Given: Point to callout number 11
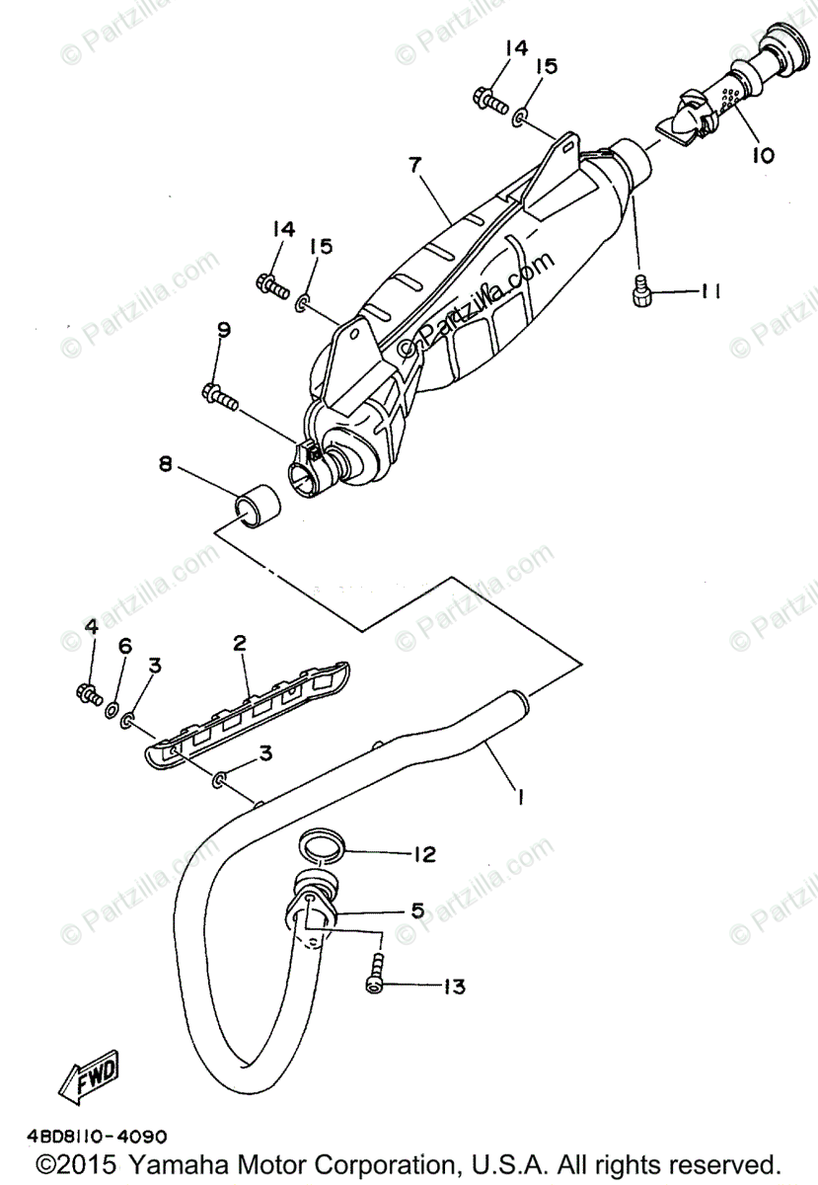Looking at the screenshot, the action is pyautogui.click(x=711, y=290).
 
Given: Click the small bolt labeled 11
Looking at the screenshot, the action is pyautogui.click(x=638, y=289).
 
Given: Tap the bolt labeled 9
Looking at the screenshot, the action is pyautogui.click(x=221, y=397).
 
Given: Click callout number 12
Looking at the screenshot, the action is pyautogui.click(x=423, y=854).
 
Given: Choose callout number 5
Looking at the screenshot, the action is pyautogui.click(x=417, y=910).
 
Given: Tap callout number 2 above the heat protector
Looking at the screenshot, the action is pyautogui.click(x=239, y=644).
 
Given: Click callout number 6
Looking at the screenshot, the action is pyautogui.click(x=124, y=646).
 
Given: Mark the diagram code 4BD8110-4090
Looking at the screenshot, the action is pyautogui.click(x=91, y=1137).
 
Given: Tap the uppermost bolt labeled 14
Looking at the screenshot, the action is pyautogui.click(x=490, y=98).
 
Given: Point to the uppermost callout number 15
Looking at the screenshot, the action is pyautogui.click(x=546, y=67).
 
